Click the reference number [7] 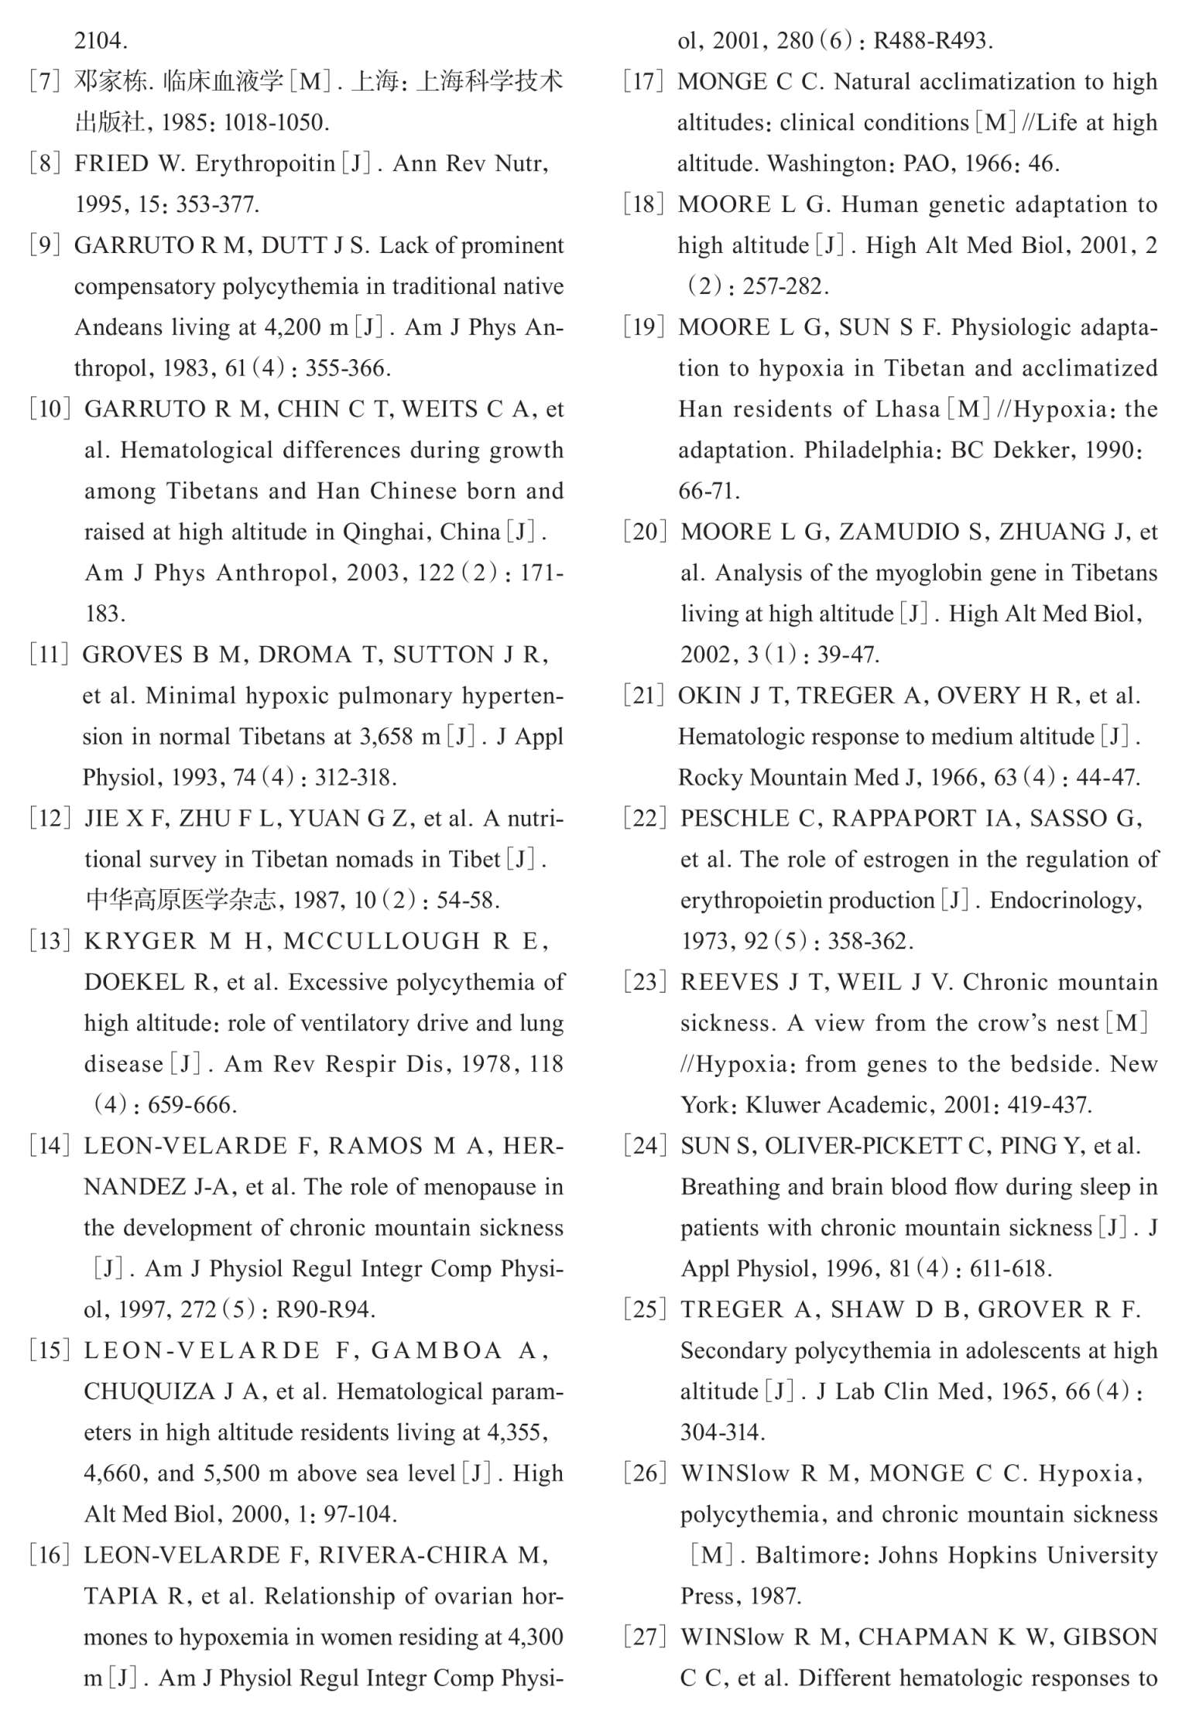click(45, 81)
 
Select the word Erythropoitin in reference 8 click(265, 163)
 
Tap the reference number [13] click(50, 941)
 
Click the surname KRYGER click(140, 941)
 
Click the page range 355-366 click(348, 368)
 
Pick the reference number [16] click(50, 1555)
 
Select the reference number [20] click(645, 532)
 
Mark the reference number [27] click(645, 1637)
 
